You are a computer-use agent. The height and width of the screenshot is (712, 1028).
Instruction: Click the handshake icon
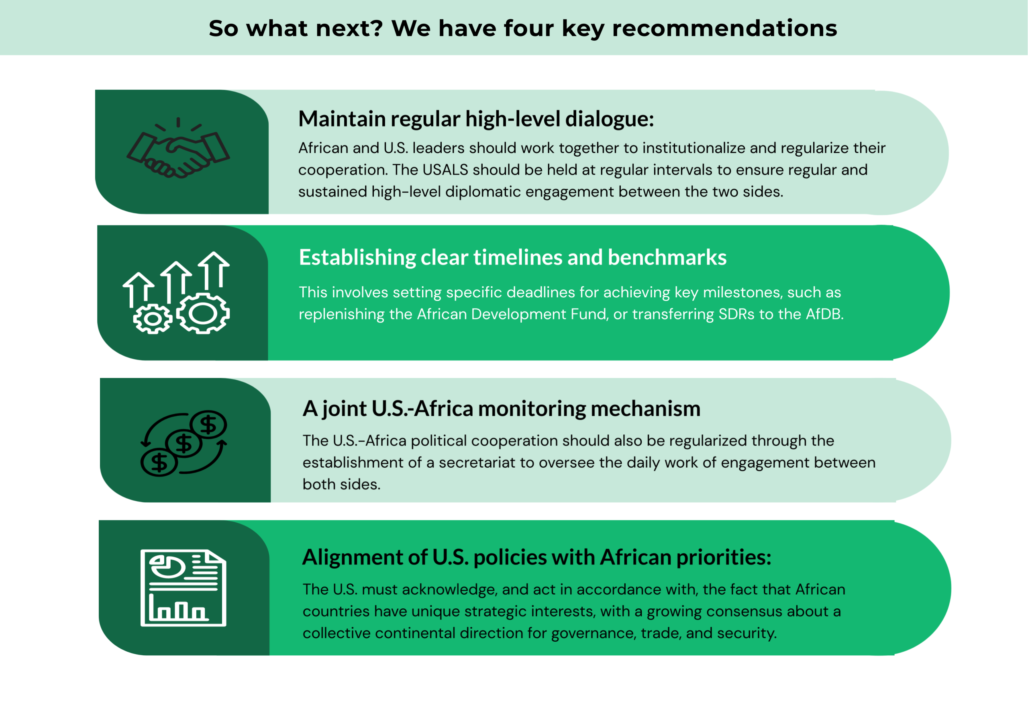click(x=178, y=149)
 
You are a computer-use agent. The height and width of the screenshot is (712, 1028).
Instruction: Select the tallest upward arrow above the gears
click(x=214, y=271)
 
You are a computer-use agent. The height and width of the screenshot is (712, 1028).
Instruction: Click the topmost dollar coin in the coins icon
click(x=208, y=424)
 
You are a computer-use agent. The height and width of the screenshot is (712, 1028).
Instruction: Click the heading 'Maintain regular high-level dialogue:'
click(x=476, y=119)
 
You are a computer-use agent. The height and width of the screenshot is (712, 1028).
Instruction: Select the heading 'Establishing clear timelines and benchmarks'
click(x=513, y=258)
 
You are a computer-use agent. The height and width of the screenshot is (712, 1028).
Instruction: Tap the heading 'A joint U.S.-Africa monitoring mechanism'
click(x=502, y=409)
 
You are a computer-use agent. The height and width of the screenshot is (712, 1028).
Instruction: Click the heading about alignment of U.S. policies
click(x=537, y=557)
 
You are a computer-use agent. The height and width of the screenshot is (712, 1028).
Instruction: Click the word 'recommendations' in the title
click(x=724, y=28)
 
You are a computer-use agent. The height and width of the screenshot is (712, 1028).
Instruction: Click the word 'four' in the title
click(x=529, y=28)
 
